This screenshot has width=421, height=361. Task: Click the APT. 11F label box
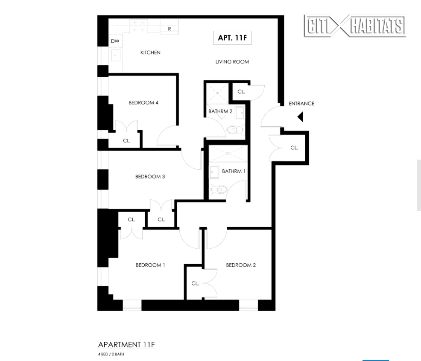[232, 38]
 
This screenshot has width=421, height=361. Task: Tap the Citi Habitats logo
[354, 26]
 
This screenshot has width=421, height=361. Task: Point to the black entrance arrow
[300, 116]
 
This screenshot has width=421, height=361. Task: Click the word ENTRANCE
[301, 104]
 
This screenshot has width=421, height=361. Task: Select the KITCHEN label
[150, 52]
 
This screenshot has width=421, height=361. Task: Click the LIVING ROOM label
[232, 62]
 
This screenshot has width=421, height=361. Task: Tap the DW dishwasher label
[115, 41]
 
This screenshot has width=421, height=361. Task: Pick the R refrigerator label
[170, 29]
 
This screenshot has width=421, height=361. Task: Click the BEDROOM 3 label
[150, 177]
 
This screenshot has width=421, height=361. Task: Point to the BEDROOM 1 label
[150, 265]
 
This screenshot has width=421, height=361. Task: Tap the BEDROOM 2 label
[241, 265]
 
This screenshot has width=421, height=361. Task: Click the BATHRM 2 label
[220, 112]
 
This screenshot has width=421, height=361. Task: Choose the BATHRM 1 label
[234, 172]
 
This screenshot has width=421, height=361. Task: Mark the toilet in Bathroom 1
[219, 189]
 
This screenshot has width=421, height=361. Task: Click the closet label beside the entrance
[294, 148]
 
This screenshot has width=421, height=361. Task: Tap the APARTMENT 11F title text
[126, 344]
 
